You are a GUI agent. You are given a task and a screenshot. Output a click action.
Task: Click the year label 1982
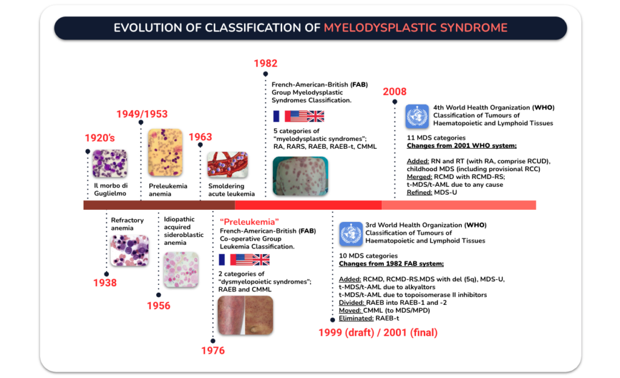click(x=265, y=64)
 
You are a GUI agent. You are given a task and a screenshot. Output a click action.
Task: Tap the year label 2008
click(x=394, y=92)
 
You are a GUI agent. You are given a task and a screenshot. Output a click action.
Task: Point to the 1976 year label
click(x=213, y=351)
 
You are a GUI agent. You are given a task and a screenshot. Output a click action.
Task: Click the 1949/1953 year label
click(x=142, y=114)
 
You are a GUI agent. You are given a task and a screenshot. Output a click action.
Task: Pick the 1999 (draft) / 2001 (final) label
click(x=378, y=333)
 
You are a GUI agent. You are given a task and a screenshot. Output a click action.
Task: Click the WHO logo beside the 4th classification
click(x=417, y=116)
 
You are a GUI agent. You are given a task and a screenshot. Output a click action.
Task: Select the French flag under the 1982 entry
click(x=277, y=116)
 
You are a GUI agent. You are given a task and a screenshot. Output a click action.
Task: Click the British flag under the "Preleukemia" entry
click(x=261, y=259)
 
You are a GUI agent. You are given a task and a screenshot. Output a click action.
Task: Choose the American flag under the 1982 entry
click(x=296, y=116)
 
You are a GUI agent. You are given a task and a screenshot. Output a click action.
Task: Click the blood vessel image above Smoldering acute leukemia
click(x=227, y=165)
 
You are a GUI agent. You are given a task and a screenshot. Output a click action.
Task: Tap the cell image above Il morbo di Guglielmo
click(x=110, y=164)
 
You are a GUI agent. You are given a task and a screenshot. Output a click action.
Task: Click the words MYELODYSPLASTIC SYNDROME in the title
click(x=415, y=28)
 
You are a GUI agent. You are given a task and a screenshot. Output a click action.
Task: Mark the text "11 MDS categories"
click(x=436, y=138)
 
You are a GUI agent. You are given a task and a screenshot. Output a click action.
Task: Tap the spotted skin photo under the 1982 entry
click(x=300, y=176)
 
